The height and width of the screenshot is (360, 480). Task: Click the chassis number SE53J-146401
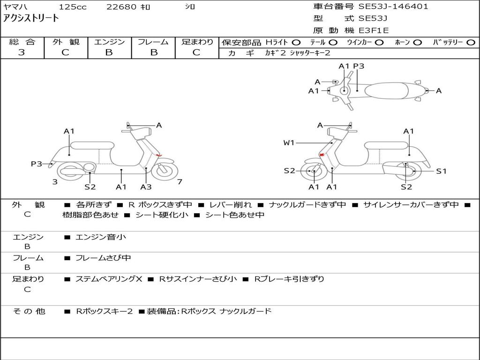point(393,7)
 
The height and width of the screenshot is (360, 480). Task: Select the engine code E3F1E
point(374,30)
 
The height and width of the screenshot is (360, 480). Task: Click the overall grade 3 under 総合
point(22,52)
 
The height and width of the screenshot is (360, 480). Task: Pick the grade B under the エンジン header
point(109,52)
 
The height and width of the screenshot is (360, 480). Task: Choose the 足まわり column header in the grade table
point(197,42)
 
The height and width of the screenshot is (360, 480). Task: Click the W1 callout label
point(289,142)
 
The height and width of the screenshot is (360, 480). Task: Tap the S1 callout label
point(441,171)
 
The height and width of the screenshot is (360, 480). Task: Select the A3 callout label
point(146,187)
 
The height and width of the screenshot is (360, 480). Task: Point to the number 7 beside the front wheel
point(180,182)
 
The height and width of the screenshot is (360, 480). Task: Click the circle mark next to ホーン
point(418,42)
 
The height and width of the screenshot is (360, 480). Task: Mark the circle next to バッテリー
point(471,42)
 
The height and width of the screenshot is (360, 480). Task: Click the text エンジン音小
point(101,237)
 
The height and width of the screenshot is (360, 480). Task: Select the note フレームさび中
point(103,258)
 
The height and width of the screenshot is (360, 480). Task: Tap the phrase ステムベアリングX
point(109,279)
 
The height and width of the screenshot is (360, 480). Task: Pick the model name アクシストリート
point(31,18)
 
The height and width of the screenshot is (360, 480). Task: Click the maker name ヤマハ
point(14,7)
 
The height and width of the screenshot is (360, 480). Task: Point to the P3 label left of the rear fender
point(37,164)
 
